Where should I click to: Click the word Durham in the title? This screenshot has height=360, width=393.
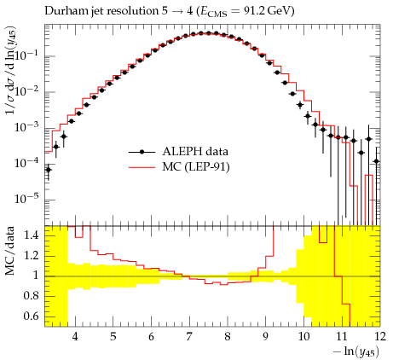[x=63, y=11]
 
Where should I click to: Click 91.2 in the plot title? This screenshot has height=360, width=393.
[x=247, y=11]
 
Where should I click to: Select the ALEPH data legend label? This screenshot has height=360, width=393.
[x=195, y=151]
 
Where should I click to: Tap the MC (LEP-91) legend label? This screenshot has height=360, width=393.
[x=196, y=166]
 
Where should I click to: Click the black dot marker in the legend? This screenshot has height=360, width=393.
[x=142, y=152]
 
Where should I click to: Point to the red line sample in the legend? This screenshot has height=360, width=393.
[x=142, y=167]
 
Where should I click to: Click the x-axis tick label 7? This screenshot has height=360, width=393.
[x=189, y=336]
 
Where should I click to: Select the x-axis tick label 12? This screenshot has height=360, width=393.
[x=379, y=336]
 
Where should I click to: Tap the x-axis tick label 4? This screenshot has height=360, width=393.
[x=75, y=336]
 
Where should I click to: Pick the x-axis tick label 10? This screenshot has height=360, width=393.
[x=303, y=336]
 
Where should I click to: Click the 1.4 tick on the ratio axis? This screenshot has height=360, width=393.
[x=31, y=235]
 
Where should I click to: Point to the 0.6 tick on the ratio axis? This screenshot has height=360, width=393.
[x=31, y=316]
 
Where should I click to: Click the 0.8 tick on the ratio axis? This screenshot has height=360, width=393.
[x=31, y=296]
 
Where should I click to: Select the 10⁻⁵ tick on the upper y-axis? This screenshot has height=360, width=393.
[x=26, y=198]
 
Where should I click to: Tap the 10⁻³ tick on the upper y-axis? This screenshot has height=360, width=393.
[x=26, y=126]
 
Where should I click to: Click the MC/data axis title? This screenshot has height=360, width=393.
[x=10, y=251]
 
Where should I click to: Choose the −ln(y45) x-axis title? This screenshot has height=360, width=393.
[x=356, y=351]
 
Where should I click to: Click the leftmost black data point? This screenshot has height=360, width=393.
[x=49, y=170]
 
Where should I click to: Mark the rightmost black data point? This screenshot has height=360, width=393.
[x=377, y=161]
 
